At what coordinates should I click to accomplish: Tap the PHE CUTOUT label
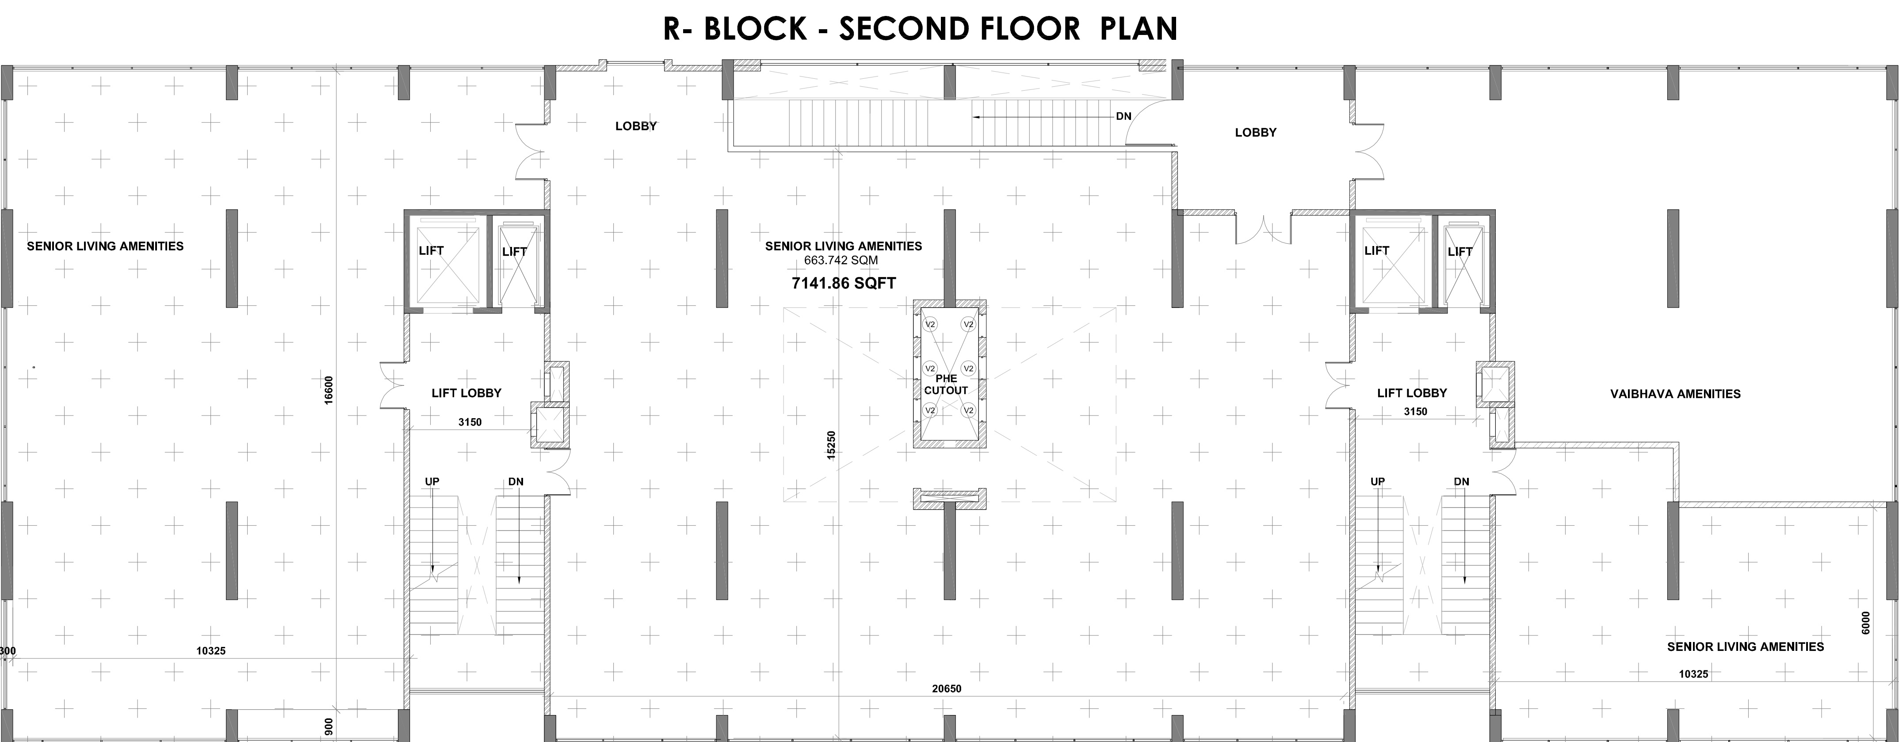tap(946, 385)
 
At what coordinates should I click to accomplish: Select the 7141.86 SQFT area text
tap(843, 283)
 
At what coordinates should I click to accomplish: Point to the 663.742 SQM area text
tap(841, 260)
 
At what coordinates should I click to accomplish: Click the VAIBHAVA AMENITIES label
tap(1676, 394)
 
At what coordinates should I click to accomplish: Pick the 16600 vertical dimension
tap(329, 389)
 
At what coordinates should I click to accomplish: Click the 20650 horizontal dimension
tap(947, 689)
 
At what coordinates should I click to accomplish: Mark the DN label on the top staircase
tap(1123, 116)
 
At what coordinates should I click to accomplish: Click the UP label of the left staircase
tap(432, 482)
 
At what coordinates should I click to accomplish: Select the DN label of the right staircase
tap(1461, 482)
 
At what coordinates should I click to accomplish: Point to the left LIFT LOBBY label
tap(466, 393)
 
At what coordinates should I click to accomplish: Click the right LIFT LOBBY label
tap(1412, 393)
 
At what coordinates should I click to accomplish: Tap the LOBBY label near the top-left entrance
tap(636, 126)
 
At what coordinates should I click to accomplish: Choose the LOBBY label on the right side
tap(1255, 133)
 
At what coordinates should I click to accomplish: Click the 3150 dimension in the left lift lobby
tap(470, 423)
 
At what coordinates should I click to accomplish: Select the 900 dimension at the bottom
tap(329, 726)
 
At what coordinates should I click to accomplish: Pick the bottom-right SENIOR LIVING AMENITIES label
tap(1746, 647)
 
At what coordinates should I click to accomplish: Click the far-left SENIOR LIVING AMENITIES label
tap(105, 246)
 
